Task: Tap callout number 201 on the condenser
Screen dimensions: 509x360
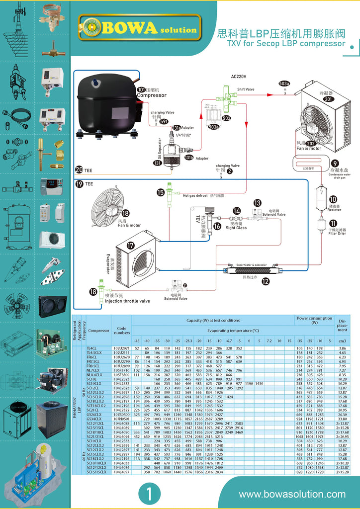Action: pos(328,99)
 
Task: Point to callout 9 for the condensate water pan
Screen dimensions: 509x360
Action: pos(335,163)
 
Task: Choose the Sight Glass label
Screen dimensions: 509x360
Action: pos(237,227)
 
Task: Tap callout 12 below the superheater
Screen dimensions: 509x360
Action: pos(266,281)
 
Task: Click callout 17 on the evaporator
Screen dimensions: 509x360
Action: pos(130,245)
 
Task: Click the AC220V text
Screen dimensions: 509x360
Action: pos(240,77)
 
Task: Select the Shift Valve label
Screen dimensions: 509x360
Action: pos(246,89)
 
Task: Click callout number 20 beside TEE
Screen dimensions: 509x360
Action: pos(79,170)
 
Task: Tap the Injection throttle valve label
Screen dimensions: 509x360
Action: pos(127,301)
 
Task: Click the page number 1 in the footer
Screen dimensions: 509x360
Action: pos(148,494)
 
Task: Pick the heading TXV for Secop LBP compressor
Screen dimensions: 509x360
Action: pos(286,43)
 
